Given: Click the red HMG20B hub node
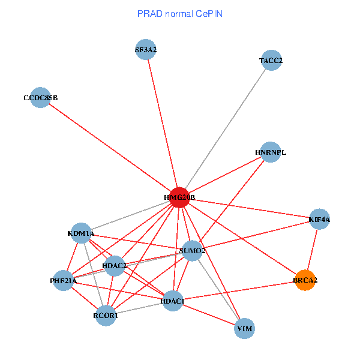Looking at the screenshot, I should pyautogui.click(x=179, y=197).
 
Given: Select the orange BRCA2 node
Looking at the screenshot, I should pyautogui.click(x=305, y=280).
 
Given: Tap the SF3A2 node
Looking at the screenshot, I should pyautogui.click(x=146, y=50).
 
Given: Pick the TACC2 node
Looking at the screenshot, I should pyautogui.click(x=271, y=60).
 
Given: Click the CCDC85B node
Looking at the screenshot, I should pyautogui.click(x=40, y=97).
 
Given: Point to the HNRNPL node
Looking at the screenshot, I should pyautogui.click(x=271, y=152).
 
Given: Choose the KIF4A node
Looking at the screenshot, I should pyautogui.click(x=319, y=220).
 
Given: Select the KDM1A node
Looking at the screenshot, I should pyautogui.click(x=81, y=233).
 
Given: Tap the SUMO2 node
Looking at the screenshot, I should pyautogui.click(x=192, y=250).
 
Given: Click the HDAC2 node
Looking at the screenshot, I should pyautogui.click(x=114, y=265).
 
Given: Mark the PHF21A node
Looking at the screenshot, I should pyautogui.click(x=63, y=280).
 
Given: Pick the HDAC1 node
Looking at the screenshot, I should pyautogui.click(x=173, y=300).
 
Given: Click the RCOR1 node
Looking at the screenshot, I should pyautogui.click(x=106, y=315).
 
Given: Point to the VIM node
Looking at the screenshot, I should pyautogui.click(x=244, y=329).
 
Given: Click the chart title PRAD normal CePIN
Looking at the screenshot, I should pyautogui.click(x=179, y=13).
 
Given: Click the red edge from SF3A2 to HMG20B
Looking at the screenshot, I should pyautogui.click(x=163, y=124).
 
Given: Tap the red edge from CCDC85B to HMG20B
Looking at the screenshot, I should pyautogui.click(x=110, y=147).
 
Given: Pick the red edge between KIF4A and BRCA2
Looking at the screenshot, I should pyautogui.click(x=313, y=250).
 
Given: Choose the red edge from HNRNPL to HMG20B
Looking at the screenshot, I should pyautogui.click(x=225, y=175).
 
